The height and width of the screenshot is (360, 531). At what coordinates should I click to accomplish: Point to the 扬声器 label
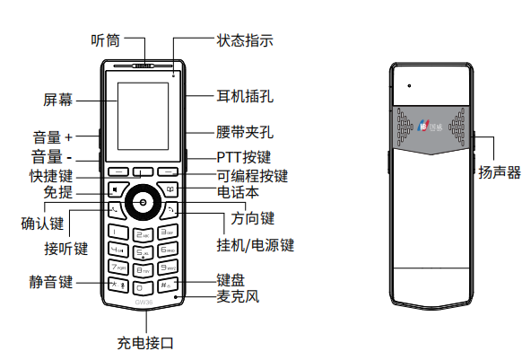coord(499,171)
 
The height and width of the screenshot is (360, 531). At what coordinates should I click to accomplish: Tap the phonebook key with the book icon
coord(170,189)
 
